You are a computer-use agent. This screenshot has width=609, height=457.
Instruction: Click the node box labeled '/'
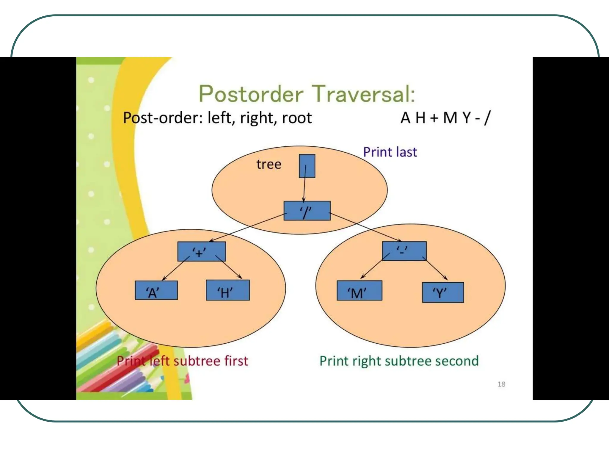307,211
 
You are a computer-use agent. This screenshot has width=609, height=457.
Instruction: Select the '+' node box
202,251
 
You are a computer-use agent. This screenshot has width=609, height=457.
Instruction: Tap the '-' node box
404,251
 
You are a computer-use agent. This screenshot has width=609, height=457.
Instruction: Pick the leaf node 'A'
156,290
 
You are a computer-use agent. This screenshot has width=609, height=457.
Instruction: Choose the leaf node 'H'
228,290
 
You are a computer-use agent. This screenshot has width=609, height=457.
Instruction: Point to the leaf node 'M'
359,291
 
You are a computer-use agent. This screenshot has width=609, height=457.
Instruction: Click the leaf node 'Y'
443,292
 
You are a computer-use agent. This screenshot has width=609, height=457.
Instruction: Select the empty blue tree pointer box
307,166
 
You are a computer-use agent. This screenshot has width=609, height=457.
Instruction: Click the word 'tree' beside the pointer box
269,164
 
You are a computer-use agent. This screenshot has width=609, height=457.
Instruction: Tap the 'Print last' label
390,152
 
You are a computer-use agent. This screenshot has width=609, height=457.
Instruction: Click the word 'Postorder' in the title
251,94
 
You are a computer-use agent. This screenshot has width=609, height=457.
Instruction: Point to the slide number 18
501,384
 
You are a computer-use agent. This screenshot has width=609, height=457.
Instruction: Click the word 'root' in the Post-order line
297,118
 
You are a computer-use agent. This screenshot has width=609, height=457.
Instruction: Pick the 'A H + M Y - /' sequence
445,118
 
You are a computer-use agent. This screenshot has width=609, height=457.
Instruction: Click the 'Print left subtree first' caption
182,361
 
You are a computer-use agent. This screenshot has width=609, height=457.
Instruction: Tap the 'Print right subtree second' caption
399,361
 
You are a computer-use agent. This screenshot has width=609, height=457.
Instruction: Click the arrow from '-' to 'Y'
437,270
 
